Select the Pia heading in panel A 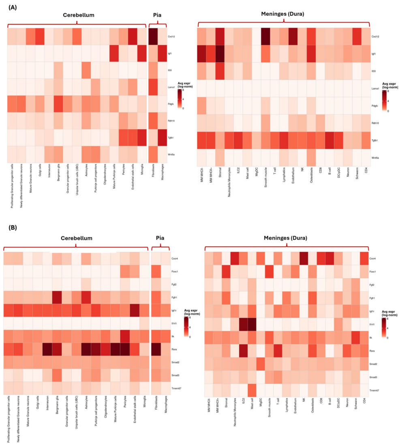pyautogui.click(x=158, y=15)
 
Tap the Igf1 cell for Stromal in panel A pyautogui.click(x=220, y=54)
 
